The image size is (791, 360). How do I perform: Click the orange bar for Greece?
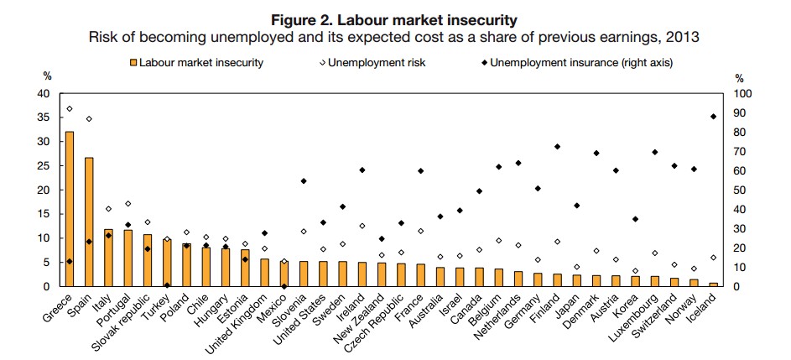(x=69, y=209)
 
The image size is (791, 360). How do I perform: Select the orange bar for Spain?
(x=89, y=222)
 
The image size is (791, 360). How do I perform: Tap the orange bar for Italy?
(x=108, y=258)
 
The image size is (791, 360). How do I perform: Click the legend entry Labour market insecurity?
(x=200, y=62)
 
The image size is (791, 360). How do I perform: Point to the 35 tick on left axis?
(x=44, y=117)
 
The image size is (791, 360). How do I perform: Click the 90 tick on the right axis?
(x=741, y=112)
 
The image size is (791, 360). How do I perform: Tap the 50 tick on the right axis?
(x=741, y=190)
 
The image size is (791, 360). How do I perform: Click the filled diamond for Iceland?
(x=712, y=117)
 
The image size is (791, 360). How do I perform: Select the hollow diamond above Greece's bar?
(x=69, y=108)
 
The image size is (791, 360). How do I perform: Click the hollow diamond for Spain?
(x=89, y=118)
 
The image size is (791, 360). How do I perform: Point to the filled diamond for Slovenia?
(x=303, y=180)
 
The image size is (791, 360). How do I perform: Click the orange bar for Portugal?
(x=127, y=258)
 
